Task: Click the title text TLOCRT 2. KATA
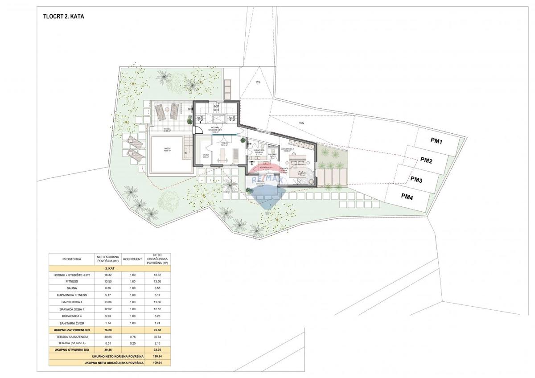[64, 16]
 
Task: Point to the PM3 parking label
[416, 180]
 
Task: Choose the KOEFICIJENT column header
[132, 259]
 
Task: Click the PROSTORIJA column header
[71, 259]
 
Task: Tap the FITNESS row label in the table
[71, 282]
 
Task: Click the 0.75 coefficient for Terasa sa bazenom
[132, 337]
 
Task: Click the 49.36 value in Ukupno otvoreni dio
[107, 350]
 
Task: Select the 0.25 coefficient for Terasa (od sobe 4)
[132, 343]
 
